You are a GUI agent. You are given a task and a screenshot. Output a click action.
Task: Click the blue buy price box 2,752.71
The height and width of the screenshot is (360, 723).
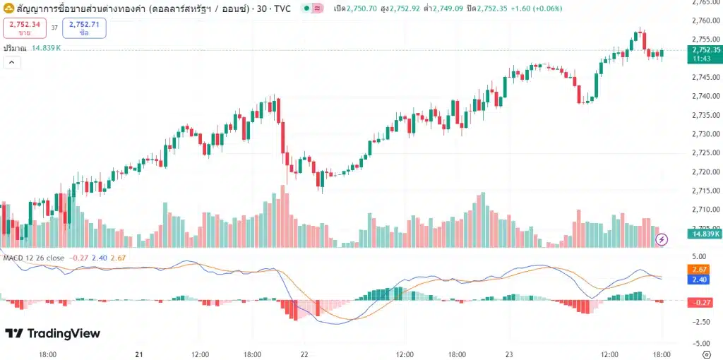click(x=84, y=28)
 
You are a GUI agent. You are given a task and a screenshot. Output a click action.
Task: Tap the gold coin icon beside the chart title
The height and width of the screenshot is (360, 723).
click(x=8, y=8)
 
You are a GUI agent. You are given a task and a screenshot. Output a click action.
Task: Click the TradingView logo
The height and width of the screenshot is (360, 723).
click(x=53, y=333)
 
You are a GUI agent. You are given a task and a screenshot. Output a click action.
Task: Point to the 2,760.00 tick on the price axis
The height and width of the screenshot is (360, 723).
click(x=706, y=20)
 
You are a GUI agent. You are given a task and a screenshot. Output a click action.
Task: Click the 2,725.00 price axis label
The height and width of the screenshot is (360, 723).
click(x=706, y=153)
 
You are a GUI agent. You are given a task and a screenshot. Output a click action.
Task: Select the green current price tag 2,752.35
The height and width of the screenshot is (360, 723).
click(x=706, y=53)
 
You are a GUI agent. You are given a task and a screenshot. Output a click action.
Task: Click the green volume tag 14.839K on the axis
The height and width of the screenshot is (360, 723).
click(x=706, y=234)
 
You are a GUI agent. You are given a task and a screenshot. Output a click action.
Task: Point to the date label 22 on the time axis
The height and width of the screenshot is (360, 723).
click(x=304, y=354)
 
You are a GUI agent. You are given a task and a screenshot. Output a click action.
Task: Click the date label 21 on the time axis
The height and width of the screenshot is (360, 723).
click(x=139, y=354)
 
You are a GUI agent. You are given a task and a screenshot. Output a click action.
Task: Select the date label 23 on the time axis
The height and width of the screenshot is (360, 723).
click(x=508, y=354)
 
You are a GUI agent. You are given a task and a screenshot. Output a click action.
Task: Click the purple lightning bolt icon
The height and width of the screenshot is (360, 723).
click(x=662, y=239)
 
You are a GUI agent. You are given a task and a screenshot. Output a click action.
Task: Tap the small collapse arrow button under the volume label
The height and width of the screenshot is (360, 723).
click(x=11, y=62)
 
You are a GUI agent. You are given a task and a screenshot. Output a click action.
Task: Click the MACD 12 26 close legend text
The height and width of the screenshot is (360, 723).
click(x=32, y=258)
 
